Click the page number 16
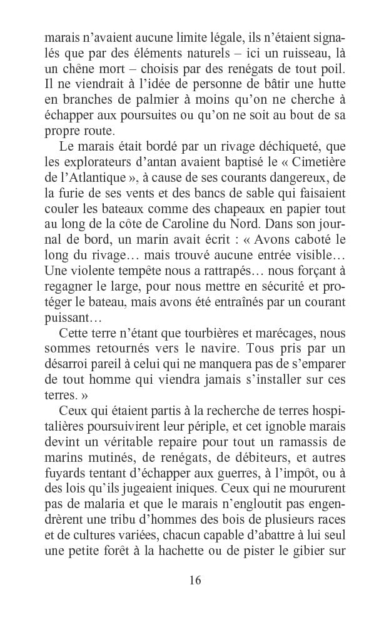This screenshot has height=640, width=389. [x=194, y=580]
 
